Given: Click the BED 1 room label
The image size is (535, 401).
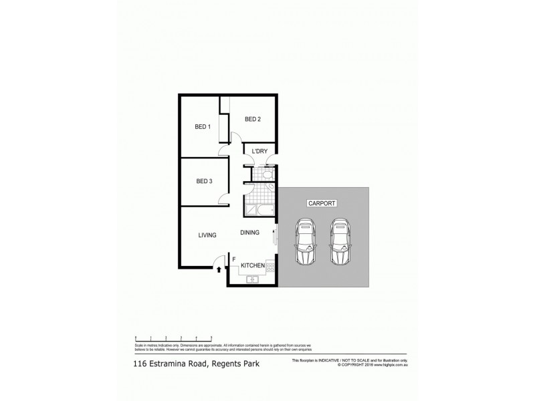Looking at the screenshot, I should (203, 126).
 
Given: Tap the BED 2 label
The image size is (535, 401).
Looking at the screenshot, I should (252, 120).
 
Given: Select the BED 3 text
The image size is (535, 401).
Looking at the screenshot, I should (204, 181).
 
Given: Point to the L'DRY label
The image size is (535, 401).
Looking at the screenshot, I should (259, 151).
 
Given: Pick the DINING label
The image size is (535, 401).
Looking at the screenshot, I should (250, 233).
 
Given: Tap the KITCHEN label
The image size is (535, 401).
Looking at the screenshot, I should (253, 266).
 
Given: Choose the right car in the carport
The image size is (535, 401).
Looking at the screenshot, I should (339, 241).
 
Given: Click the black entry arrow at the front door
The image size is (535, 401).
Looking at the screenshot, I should (219, 269).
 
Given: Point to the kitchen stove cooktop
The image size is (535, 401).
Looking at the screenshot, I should (271, 267).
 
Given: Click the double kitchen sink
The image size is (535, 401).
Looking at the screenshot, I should (253, 279).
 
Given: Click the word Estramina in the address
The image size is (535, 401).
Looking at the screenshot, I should (175, 364).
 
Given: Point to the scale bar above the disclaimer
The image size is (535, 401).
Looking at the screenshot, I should (173, 337).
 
